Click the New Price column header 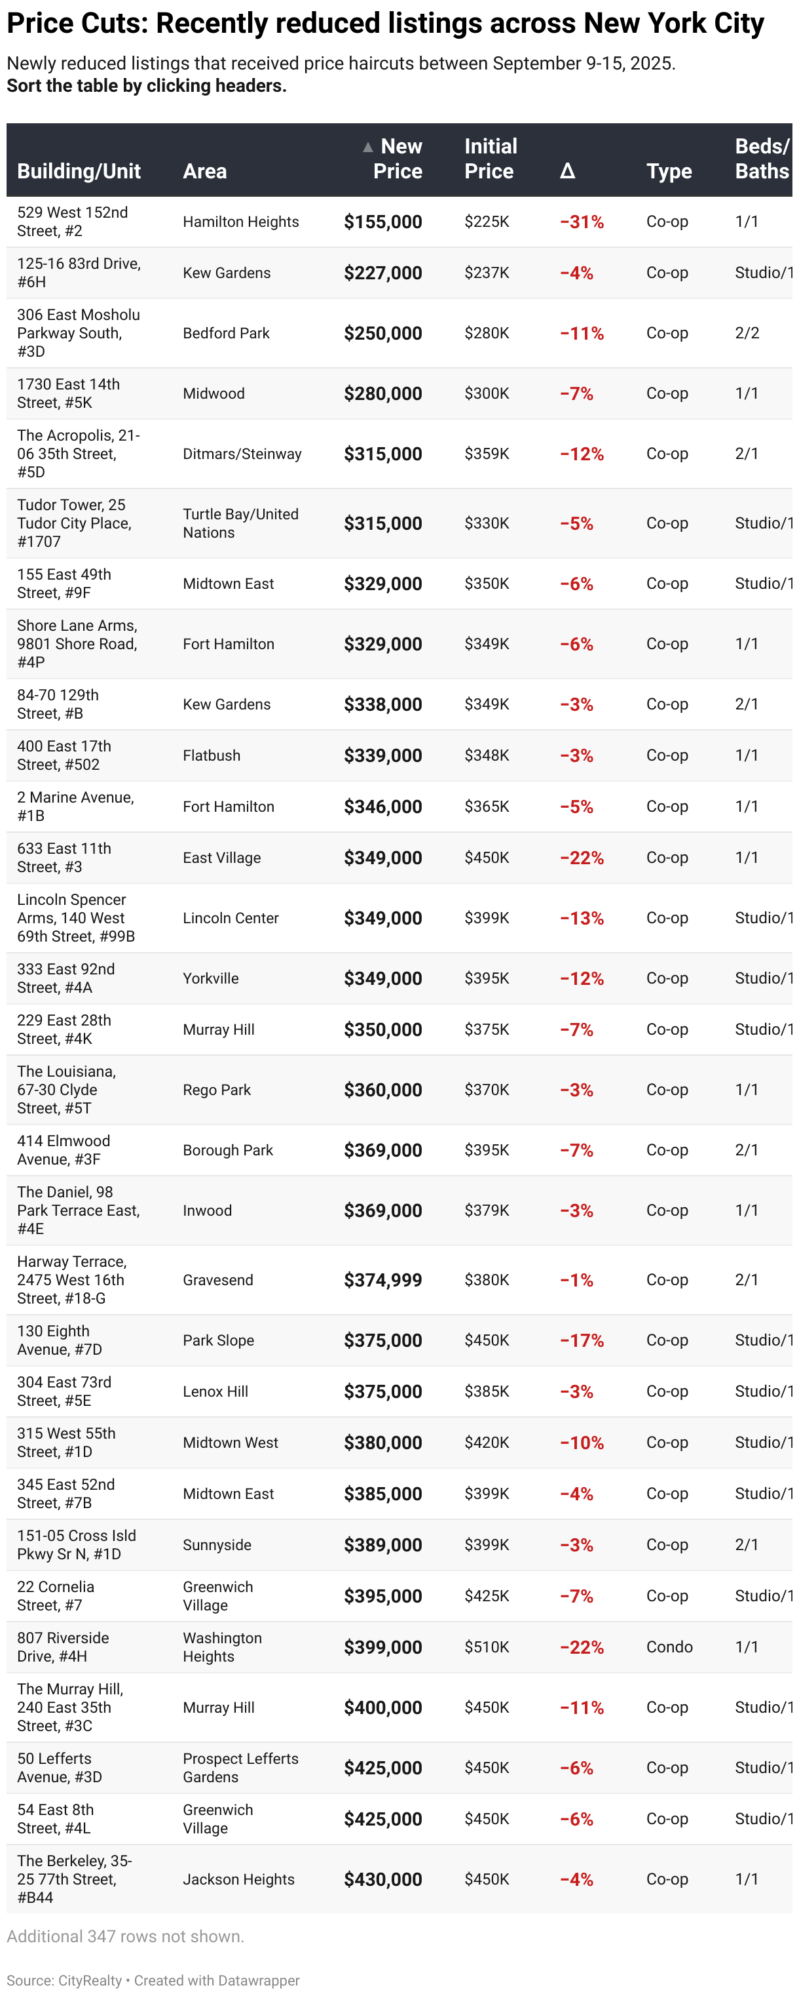[398, 159]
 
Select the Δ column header [568, 171]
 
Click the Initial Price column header [490, 159]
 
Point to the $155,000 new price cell [382, 222]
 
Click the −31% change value [582, 222]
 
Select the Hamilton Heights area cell [241, 222]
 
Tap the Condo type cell [669, 1647]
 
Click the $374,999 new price [382, 1280]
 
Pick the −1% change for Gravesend [576, 1280]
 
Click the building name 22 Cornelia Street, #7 [56, 1595]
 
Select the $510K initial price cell [486, 1647]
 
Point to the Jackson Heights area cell [238, 1879]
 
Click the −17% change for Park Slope [582, 1340]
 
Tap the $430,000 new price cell [382, 1879]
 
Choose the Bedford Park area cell [226, 333]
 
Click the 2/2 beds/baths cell [747, 333]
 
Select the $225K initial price [486, 222]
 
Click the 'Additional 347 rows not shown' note [126, 1936]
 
